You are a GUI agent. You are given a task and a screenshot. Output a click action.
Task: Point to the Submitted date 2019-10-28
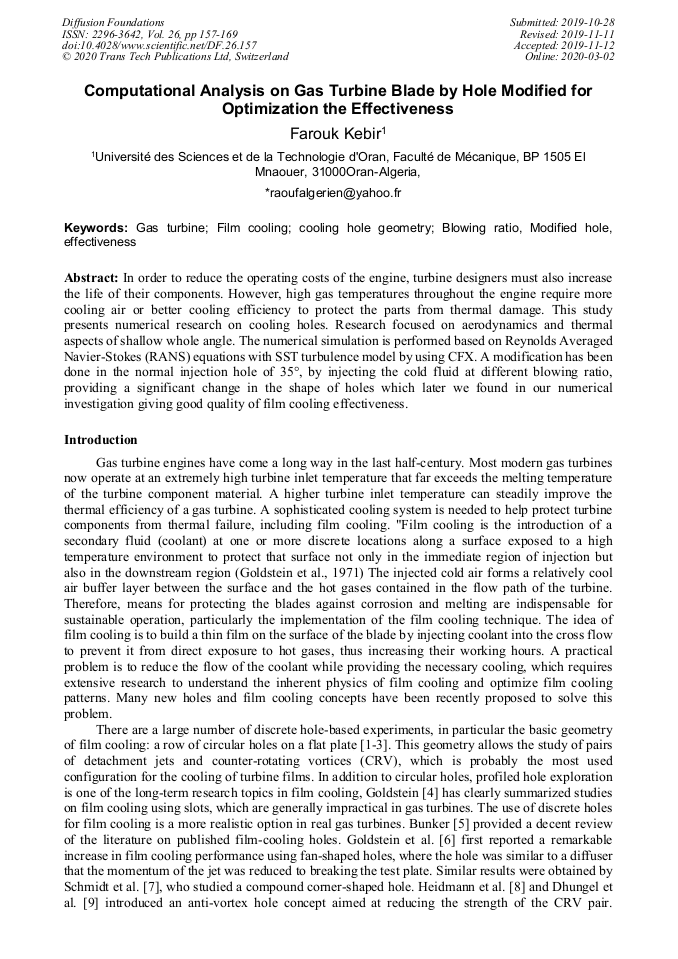[585, 22]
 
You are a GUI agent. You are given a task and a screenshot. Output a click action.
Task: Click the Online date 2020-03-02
[591, 57]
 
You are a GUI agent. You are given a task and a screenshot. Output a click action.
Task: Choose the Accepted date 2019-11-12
[589, 46]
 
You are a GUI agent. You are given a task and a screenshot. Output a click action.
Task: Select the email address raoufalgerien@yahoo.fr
[338, 192]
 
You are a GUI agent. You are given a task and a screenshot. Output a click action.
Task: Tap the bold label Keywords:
[96, 228]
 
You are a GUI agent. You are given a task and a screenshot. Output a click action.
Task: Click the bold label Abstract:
[92, 277]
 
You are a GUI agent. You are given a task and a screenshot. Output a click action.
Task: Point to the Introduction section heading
[101, 440]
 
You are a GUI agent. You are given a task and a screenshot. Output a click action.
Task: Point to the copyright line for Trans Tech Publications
[175, 57]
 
